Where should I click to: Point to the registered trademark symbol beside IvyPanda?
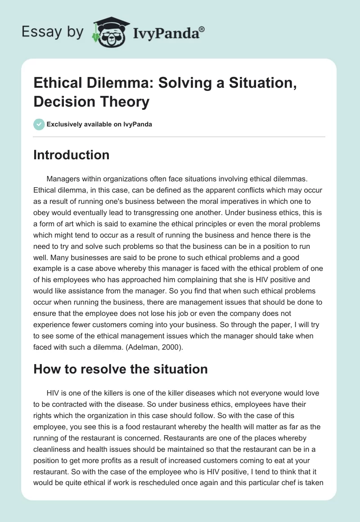[x=202, y=28]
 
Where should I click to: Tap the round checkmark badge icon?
[x=39, y=124]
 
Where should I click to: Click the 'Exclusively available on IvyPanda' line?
[x=99, y=124]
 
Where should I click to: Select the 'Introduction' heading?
[x=71, y=155]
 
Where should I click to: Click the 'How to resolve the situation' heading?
[x=121, y=369]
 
